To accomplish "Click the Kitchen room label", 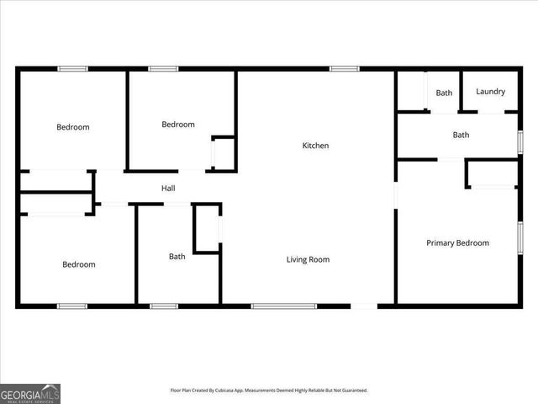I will click(x=315, y=146).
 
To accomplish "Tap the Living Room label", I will click(x=308, y=259).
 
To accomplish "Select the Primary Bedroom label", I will click(x=457, y=243).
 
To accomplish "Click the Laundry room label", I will click(x=490, y=92).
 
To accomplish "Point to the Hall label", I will click(x=168, y=189).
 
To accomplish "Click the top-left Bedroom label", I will click(x=73, y=127).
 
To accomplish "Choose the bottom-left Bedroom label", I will click(x=79, y=264).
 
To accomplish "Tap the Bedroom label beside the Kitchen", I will click(x=178, y=125).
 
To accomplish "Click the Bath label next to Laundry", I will click(x=444, y=93).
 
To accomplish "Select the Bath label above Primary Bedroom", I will click(x=461, y=135).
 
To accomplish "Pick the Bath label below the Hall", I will click(x=177, y=257).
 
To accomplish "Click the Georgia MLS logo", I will click(x=30, y=393).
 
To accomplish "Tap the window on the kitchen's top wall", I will click(x=344, y=68).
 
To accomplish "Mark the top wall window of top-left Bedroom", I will click(x=72, y=68).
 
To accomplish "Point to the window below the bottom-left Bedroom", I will click(x=72, y=306).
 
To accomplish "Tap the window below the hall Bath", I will click(x=163, y=306).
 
